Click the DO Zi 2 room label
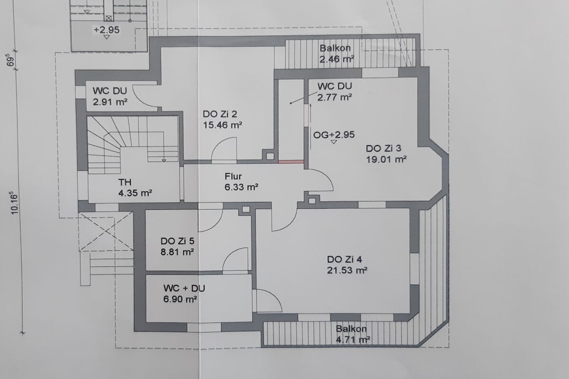coord(219,114)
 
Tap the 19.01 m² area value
coord(386,159)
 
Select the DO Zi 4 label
coord(345,260)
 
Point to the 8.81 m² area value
coord(177,252)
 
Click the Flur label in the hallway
coord(233,176)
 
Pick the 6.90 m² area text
coord(180,299)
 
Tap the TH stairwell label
coord(124,182)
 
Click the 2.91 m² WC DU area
coord(110,102)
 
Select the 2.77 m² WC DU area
coord(335,98)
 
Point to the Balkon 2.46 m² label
coord(336,53)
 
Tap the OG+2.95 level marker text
coord(334,135)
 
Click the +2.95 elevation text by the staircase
coord(106,30)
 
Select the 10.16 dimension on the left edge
coord(14,203)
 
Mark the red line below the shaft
coord(291,162)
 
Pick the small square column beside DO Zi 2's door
coord(270,156)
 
